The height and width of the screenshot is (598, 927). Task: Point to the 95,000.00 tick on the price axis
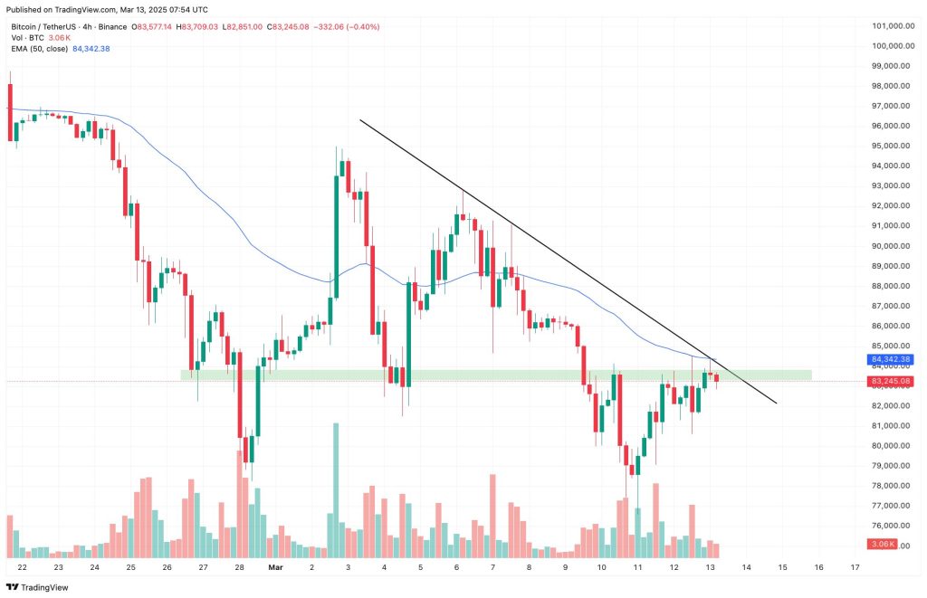click(891, 146)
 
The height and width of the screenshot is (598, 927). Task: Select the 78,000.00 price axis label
click(891, 486)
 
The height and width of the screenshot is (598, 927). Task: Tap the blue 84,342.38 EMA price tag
click(891, 359)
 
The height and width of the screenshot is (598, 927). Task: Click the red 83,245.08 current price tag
click(891, 381)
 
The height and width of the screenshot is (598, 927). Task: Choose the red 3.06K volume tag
click(882, 545)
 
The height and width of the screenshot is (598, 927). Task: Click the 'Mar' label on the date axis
click(275, 567)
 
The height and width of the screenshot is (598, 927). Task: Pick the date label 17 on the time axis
click(855, 567)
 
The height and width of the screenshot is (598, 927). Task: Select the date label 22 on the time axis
click(23, 567)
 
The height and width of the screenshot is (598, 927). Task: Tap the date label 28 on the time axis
click(239, 567)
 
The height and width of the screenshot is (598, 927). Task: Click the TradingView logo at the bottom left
click(37, 587)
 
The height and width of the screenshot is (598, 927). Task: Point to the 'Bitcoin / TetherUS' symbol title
click(43, 26)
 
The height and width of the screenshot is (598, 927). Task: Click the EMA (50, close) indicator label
click(40, 49)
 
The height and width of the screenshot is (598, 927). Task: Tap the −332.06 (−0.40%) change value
click(346, 26)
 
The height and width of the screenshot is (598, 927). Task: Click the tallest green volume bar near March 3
click(336, 490)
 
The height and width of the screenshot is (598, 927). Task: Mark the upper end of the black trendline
click(360, 120)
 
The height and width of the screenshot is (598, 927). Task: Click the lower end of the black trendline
click(776, 403)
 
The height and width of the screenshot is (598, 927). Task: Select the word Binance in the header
click(113, 26)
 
